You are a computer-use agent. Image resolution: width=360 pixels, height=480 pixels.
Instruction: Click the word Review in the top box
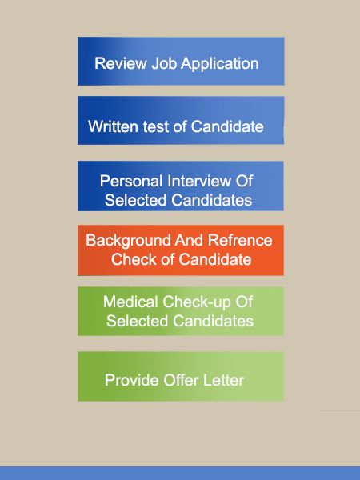(121, 64)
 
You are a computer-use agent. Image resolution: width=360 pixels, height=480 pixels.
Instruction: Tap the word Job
(164, 64)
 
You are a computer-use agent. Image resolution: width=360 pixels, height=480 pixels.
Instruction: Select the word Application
(220, 64)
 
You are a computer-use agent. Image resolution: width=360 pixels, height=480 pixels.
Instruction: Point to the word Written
(113, 126)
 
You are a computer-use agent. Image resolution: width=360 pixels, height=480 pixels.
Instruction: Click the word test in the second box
(156, 126)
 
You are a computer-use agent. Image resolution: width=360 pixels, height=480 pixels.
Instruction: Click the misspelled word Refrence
(240, 240)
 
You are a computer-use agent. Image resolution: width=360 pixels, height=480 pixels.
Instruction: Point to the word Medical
(130, 302)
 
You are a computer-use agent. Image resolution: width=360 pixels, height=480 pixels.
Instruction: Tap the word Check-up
(197, 302)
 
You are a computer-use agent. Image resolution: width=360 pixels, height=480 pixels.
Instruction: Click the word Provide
(132, 381)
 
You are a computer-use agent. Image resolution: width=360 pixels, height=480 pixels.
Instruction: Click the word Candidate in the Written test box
(227, 126)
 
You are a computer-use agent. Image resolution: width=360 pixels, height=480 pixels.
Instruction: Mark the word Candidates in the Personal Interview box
(211, 200)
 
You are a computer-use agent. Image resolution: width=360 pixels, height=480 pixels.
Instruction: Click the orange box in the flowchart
(181, 250)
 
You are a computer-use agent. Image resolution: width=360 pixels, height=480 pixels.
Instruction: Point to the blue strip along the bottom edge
(180, 474)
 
